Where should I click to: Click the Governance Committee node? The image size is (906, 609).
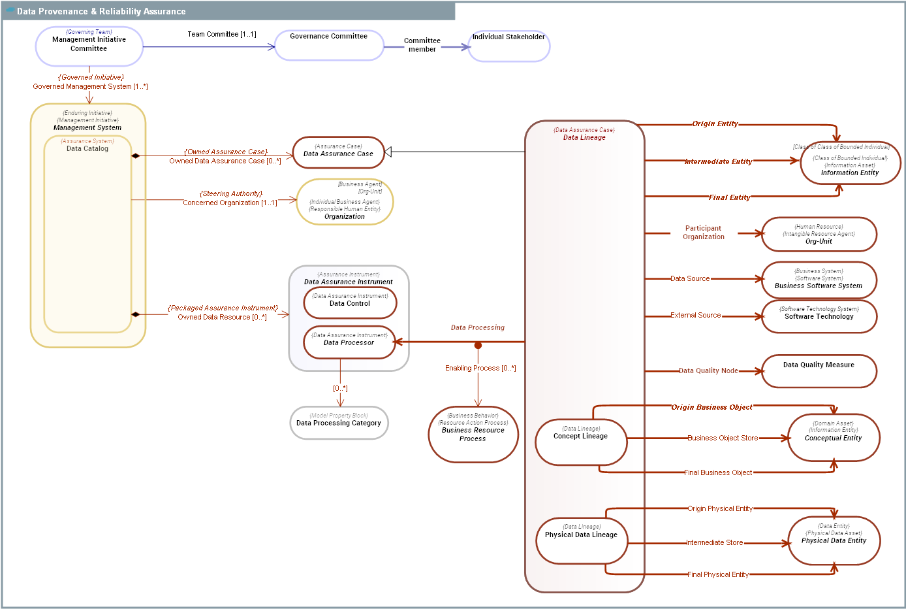pos(328,45)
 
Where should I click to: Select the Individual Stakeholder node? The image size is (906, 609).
pos(508,46)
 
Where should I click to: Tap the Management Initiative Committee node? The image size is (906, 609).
pos(89,46)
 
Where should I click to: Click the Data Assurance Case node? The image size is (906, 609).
pos(338,152)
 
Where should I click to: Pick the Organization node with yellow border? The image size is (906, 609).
pos(345,202)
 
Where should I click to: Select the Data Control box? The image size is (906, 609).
pos(349,303)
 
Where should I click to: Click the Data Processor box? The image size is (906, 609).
pos(349,342)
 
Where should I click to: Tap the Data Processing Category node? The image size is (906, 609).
pos(339,423)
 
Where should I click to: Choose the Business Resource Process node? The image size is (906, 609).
pos(473,434)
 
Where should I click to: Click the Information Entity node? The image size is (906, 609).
pos(850,164)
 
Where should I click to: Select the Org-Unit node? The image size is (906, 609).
pos(819,235)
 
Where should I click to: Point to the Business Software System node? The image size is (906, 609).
pos(819,280)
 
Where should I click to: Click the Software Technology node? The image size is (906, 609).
pos(819,316)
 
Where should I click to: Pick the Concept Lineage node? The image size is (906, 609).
pos(580,442)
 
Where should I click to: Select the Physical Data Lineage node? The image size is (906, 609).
pos(581,540)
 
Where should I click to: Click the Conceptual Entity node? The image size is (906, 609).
pos(833,437)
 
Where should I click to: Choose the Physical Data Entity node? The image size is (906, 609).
pos(834,540)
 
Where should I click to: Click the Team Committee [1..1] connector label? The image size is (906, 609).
pos(222,34)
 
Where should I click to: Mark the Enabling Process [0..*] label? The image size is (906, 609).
pos(480,368)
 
